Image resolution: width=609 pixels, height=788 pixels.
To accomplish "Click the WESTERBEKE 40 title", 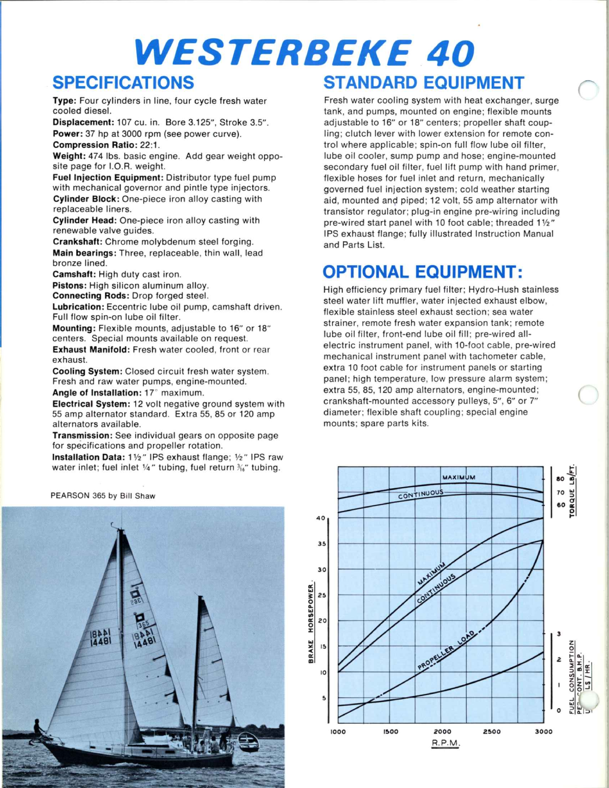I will pos(304,53).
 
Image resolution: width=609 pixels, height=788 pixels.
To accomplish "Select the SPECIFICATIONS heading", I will pos(123,83).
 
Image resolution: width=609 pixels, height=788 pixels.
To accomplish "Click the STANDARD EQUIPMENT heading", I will pos(424,83).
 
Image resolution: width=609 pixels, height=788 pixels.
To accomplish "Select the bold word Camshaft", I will pos(75,274).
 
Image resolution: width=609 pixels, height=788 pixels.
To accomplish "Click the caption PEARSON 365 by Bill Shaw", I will pos(103,496).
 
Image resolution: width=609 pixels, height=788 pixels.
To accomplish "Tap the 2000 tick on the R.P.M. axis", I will pos(443,732).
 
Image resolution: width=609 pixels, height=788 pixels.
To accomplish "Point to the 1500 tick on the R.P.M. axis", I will pos(390,732).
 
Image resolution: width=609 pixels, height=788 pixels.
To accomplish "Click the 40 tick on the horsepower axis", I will pos(321,518).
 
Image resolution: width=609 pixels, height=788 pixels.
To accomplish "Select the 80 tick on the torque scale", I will pos(560,479).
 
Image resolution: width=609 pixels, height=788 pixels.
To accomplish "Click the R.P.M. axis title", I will pos(446,743).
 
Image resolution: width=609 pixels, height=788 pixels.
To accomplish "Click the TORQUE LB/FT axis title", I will pos(573,491).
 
